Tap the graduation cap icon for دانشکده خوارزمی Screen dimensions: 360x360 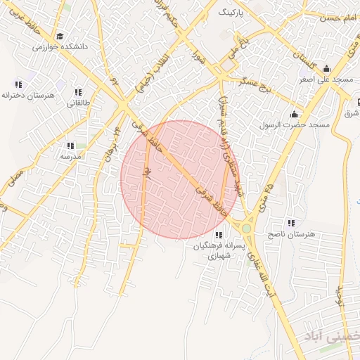60,36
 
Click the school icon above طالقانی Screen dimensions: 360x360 77,92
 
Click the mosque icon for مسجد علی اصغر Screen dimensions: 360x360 326,69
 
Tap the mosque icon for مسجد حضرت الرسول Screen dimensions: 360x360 294,114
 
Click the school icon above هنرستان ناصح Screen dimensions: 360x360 291,223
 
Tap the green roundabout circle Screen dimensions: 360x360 247,228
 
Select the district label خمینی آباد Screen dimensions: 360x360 331,337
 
